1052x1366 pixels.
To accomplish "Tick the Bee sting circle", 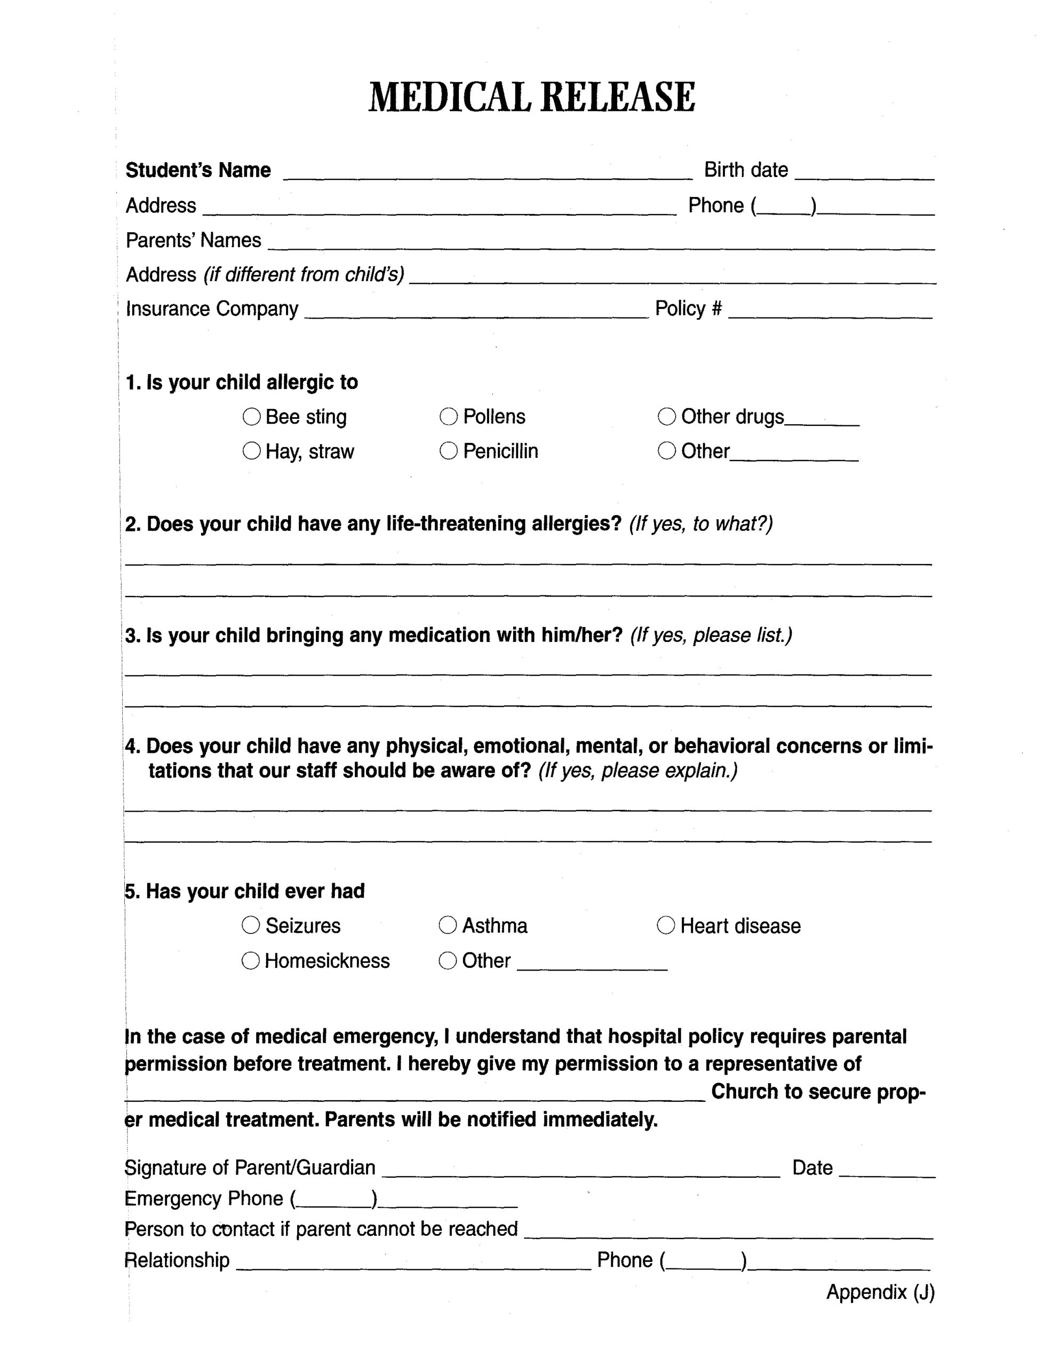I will point(251,417).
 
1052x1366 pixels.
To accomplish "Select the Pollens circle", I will point(449,417).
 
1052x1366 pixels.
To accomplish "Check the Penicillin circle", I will point(449,451).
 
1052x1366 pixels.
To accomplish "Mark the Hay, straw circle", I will point(251,451).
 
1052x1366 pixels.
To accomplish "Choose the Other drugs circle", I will point(667,417).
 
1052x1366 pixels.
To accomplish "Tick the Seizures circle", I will point(251,925).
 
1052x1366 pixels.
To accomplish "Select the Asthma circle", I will point(448,925).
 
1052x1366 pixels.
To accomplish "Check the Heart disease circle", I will point(666,925).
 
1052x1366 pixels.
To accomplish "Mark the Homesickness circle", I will point(251,960).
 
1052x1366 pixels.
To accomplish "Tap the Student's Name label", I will point(198,170).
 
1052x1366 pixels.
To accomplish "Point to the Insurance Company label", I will point(212,309).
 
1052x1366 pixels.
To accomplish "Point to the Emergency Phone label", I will point(204,1198).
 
